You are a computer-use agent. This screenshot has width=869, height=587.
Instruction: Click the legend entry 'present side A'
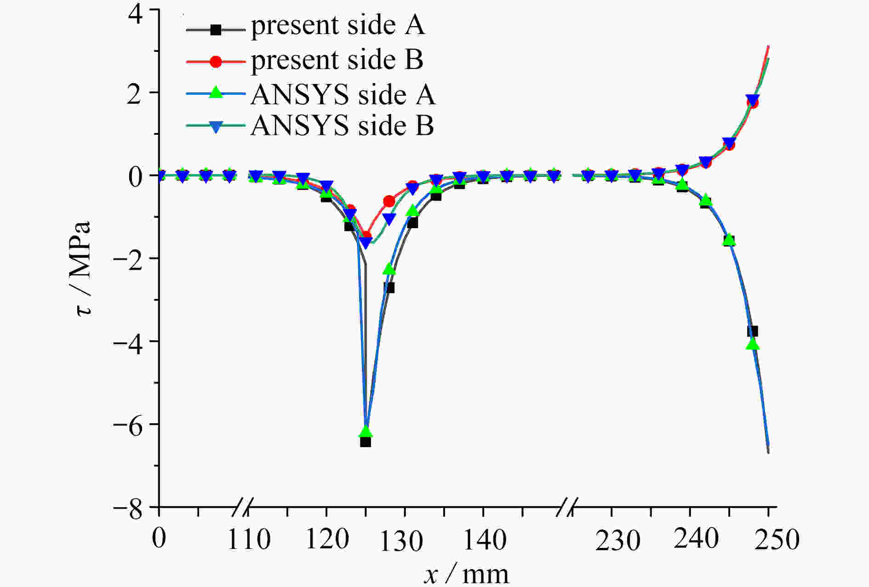[337, 26]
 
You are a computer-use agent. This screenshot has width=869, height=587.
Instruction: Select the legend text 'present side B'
[337, 60]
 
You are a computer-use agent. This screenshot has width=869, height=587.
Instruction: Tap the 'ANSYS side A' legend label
[343, 95]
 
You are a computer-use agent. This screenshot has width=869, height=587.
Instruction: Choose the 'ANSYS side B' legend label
[342, 125]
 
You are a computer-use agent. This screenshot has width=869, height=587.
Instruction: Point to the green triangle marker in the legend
[215, 94]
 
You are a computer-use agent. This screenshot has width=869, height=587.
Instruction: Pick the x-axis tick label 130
[401, 541]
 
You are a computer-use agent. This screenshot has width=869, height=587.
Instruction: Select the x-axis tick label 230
[617, 541]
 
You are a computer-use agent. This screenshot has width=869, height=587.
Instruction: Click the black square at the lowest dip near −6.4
[366, 442]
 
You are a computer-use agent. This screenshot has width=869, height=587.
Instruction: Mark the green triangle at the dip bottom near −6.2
[366, 431]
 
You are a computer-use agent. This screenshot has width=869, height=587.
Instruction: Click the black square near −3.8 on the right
[753, 331]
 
